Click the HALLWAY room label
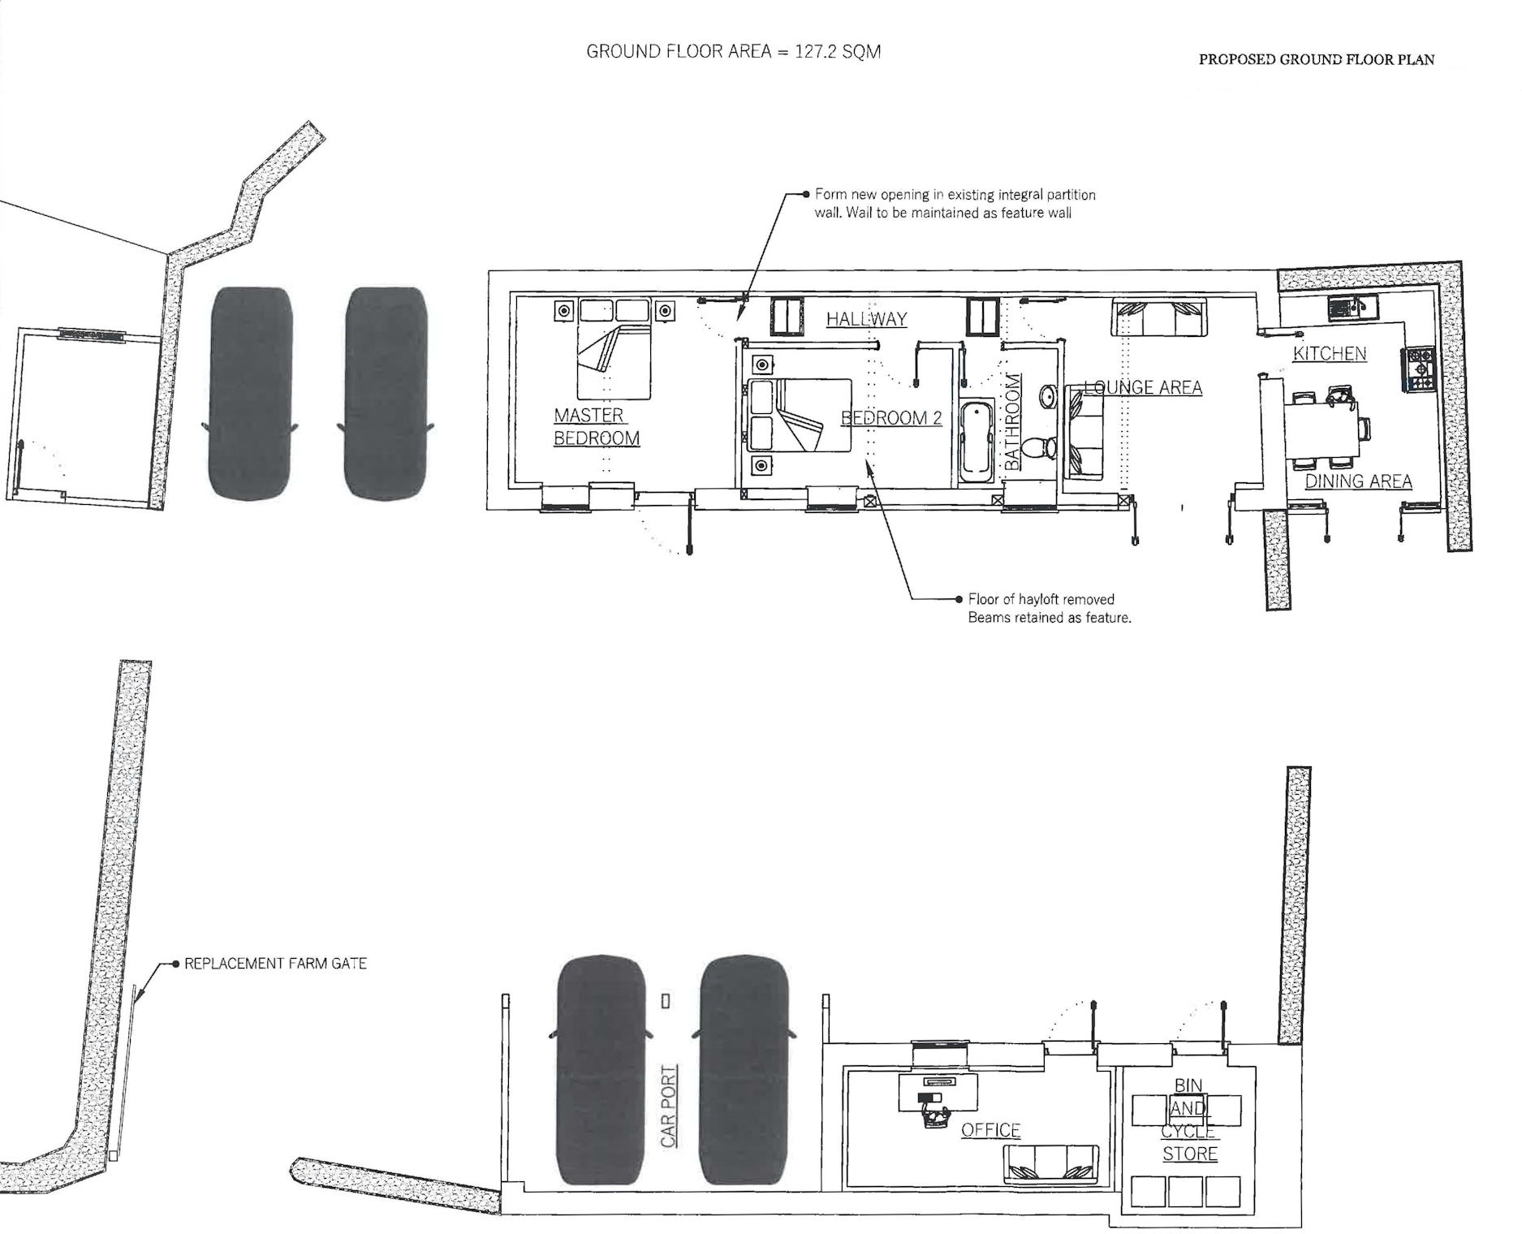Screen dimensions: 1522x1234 click(866, 319)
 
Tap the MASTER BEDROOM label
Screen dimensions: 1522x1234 click(597, 427)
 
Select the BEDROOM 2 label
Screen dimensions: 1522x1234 click(891, 418)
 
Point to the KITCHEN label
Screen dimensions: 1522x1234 click(1330, 354)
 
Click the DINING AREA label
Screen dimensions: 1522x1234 click(1358, 481)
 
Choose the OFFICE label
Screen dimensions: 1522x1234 click(990, 1130)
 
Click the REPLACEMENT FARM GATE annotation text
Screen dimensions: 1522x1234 click(276, 964)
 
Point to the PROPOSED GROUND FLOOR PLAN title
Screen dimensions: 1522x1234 click(1317, 59)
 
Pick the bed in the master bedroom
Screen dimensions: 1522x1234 click(614, 349)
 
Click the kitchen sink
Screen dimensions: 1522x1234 click(1352, 308)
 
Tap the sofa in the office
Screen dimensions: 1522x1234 click(1051, 1164)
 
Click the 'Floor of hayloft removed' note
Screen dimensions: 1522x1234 click(1050, 608)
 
